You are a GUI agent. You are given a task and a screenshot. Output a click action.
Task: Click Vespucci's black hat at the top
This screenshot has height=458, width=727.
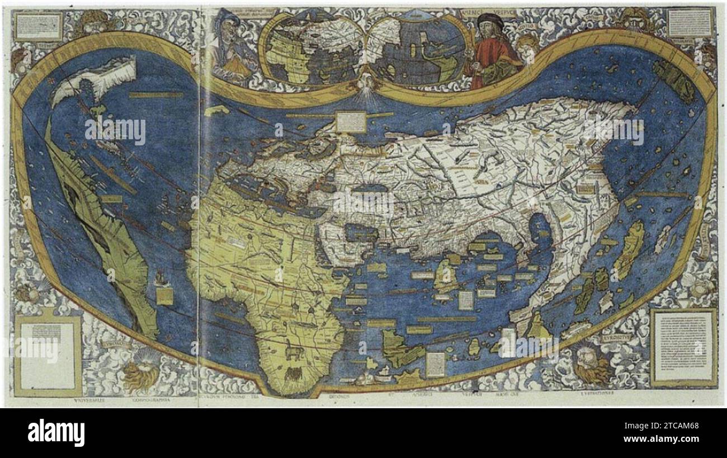[490, 20]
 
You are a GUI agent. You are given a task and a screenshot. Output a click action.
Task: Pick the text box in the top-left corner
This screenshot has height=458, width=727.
[39, 25]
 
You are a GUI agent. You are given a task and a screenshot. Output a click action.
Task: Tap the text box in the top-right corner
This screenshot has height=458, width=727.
[691, 22]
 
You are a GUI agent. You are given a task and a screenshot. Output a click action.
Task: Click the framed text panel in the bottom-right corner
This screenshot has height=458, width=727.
[683, 347]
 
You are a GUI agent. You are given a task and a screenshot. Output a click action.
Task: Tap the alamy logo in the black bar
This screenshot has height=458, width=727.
[56, 432]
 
